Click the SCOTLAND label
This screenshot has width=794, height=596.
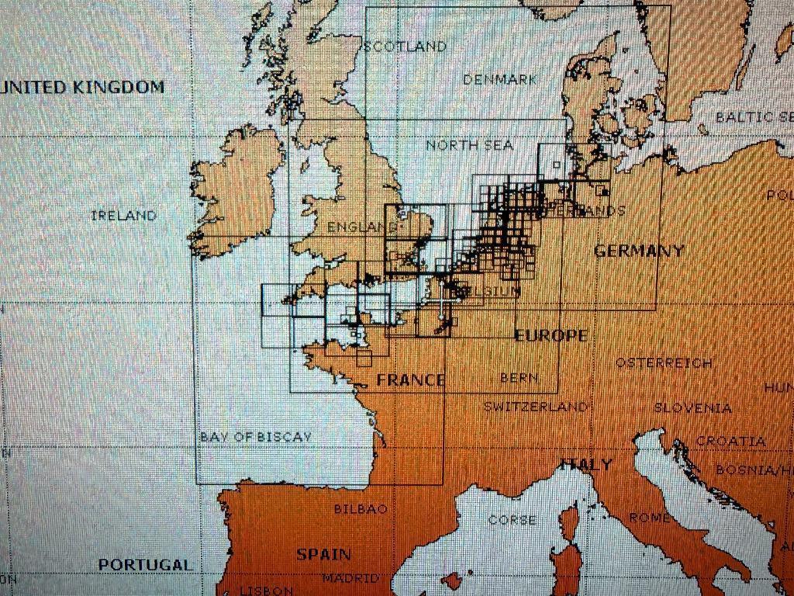coord(406,47)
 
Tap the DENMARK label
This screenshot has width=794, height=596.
coord(500,79)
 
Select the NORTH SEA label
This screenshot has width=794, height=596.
coord(469,145)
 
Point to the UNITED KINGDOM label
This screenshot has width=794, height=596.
coord(83,87)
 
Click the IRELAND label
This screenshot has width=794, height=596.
coord(123,216)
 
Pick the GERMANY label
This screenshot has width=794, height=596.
coord(639,251)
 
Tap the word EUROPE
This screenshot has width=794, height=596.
coord(551,335)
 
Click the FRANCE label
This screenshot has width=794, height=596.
coord(411,380)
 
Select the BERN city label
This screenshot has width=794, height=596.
coord(519,378)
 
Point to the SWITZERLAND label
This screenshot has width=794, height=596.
coord(535,407)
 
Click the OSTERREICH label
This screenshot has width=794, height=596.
coord(664,363)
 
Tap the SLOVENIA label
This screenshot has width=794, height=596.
coord(692,408)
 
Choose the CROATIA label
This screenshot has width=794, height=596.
coord(730,441)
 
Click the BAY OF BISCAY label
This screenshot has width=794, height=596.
coord(256,437)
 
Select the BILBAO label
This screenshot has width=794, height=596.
coord(360,509)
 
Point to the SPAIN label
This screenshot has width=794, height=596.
coord(323,554)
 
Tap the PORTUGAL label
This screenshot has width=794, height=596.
coord(145,565)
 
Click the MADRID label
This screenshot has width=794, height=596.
coord(350,578)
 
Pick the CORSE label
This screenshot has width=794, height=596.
coord(512,519)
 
